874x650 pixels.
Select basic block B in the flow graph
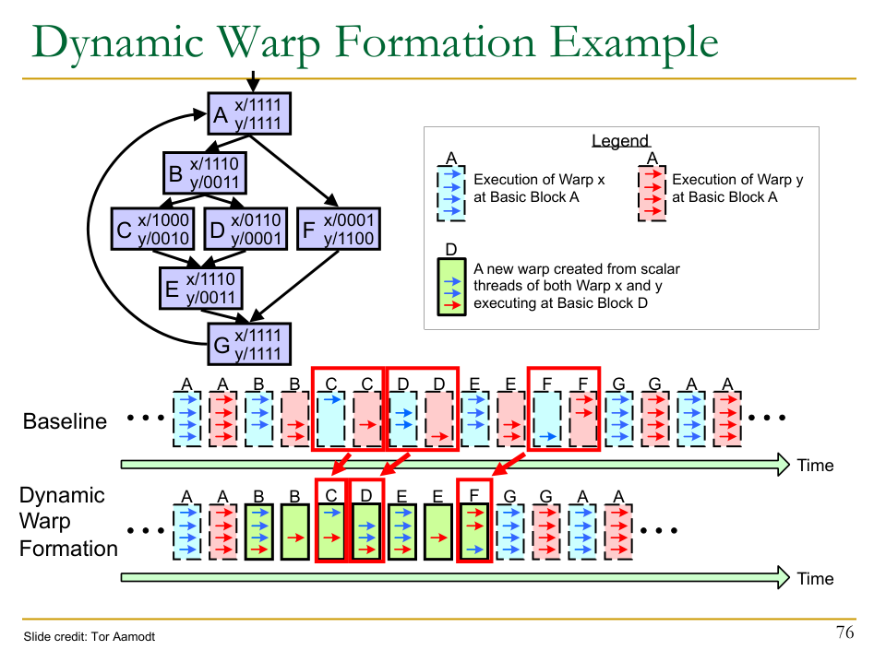(x=203, y=173)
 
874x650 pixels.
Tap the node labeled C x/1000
(x=153, y=230)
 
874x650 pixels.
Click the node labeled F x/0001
(x=339, y=230)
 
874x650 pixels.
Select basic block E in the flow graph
(x=200, y=288)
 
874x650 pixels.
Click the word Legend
(x=620, y=142)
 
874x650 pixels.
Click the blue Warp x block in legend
(x=451, y=193)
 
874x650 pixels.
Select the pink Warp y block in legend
(x=652, y=193)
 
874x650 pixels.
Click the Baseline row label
(x=65, y=421)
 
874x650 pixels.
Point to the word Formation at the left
(x=68, y=549)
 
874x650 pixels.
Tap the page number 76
(x=844, y=632)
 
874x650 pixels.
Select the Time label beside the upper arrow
(x=815, y=465)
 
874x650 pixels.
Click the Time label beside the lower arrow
(x=815, y=578)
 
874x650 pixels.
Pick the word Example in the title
(x=625, y=43)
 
